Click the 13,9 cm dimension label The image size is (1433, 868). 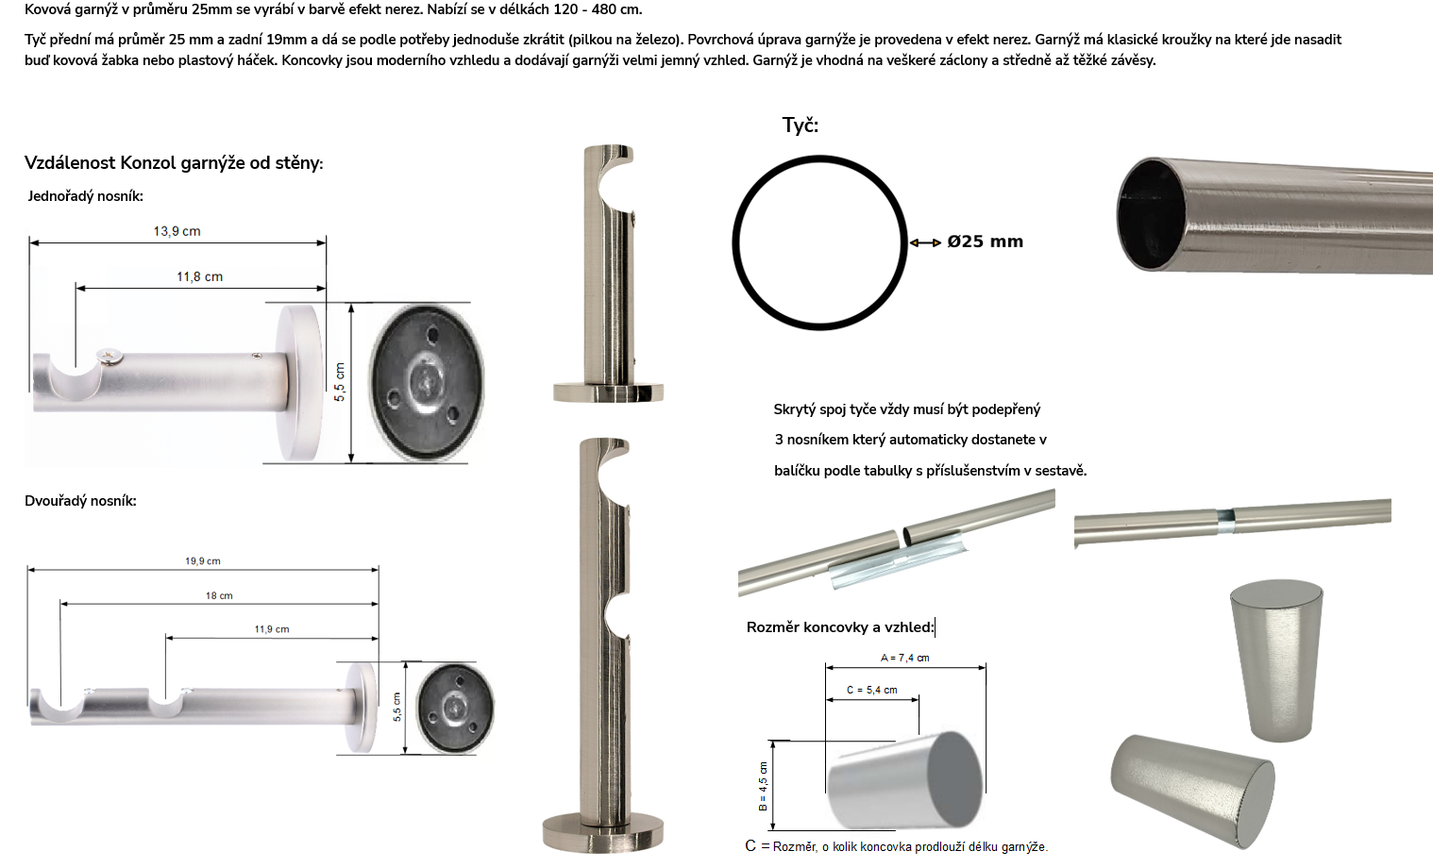tap(177, 231)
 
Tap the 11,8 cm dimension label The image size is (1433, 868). tap(199, 276)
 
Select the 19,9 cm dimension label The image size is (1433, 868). tap(203, 561)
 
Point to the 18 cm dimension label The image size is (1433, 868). tap(219, 595)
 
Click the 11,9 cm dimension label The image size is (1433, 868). tap(272, 629)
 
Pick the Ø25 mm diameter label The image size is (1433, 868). tap(986, 242)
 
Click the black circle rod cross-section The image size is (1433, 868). tap(733, 242)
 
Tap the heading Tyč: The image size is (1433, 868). tap(801, 125)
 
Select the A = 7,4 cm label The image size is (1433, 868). tap(904, 658)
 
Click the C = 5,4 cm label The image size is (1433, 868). tap(872, 691)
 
